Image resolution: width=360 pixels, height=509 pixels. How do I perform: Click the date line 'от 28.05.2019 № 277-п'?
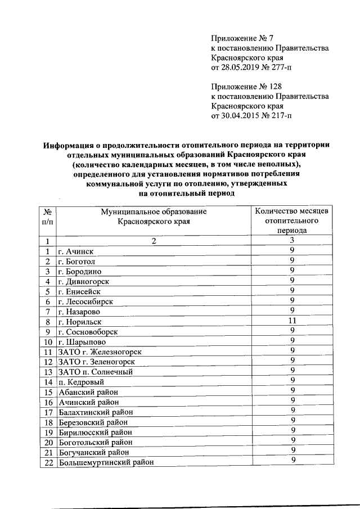point(251,67)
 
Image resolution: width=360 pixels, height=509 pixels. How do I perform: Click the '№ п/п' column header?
point(48,217)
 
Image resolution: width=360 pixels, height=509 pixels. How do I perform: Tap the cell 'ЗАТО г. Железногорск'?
point(100,353)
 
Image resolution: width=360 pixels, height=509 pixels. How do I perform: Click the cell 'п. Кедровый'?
point(81,382)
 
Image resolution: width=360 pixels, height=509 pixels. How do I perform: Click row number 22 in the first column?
point(48,462)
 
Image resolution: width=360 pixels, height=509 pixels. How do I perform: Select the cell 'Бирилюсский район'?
point(95,433)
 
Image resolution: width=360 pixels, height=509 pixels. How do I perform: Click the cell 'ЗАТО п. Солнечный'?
point(95,372)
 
